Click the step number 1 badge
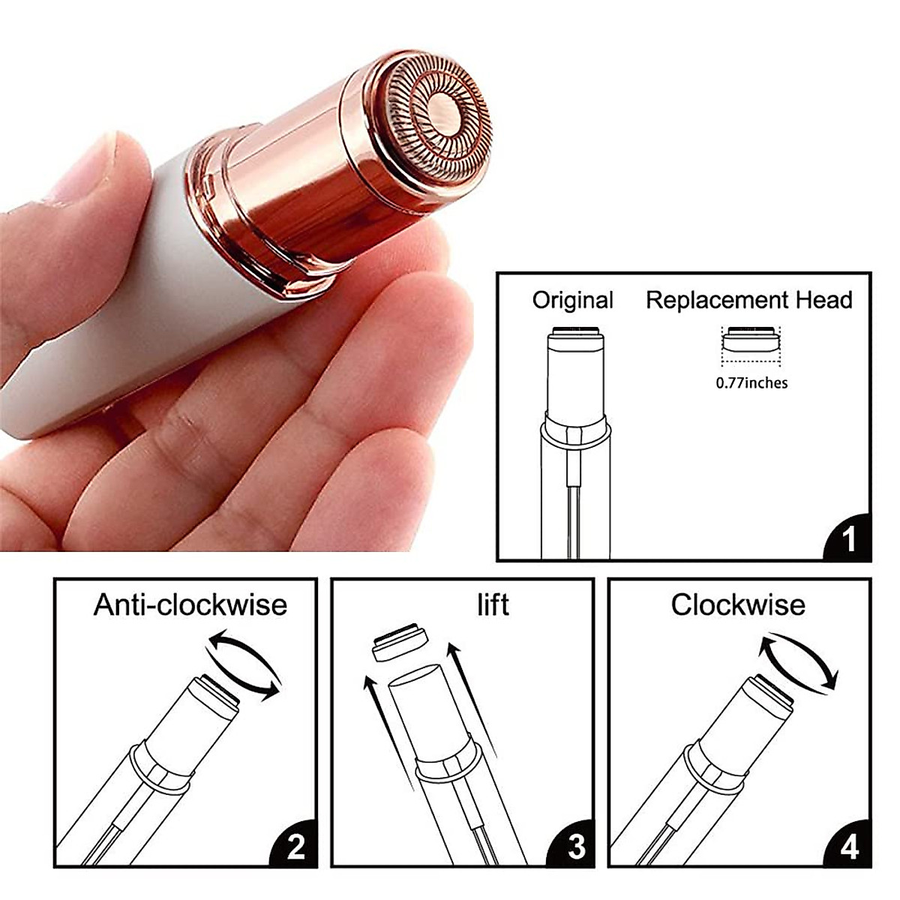(849, 538)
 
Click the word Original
(572, 301)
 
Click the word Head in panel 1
(826, 301)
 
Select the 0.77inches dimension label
(751, 383)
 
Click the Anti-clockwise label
(190, 604)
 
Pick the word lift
(493, 604)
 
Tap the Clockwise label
(738, 604)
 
